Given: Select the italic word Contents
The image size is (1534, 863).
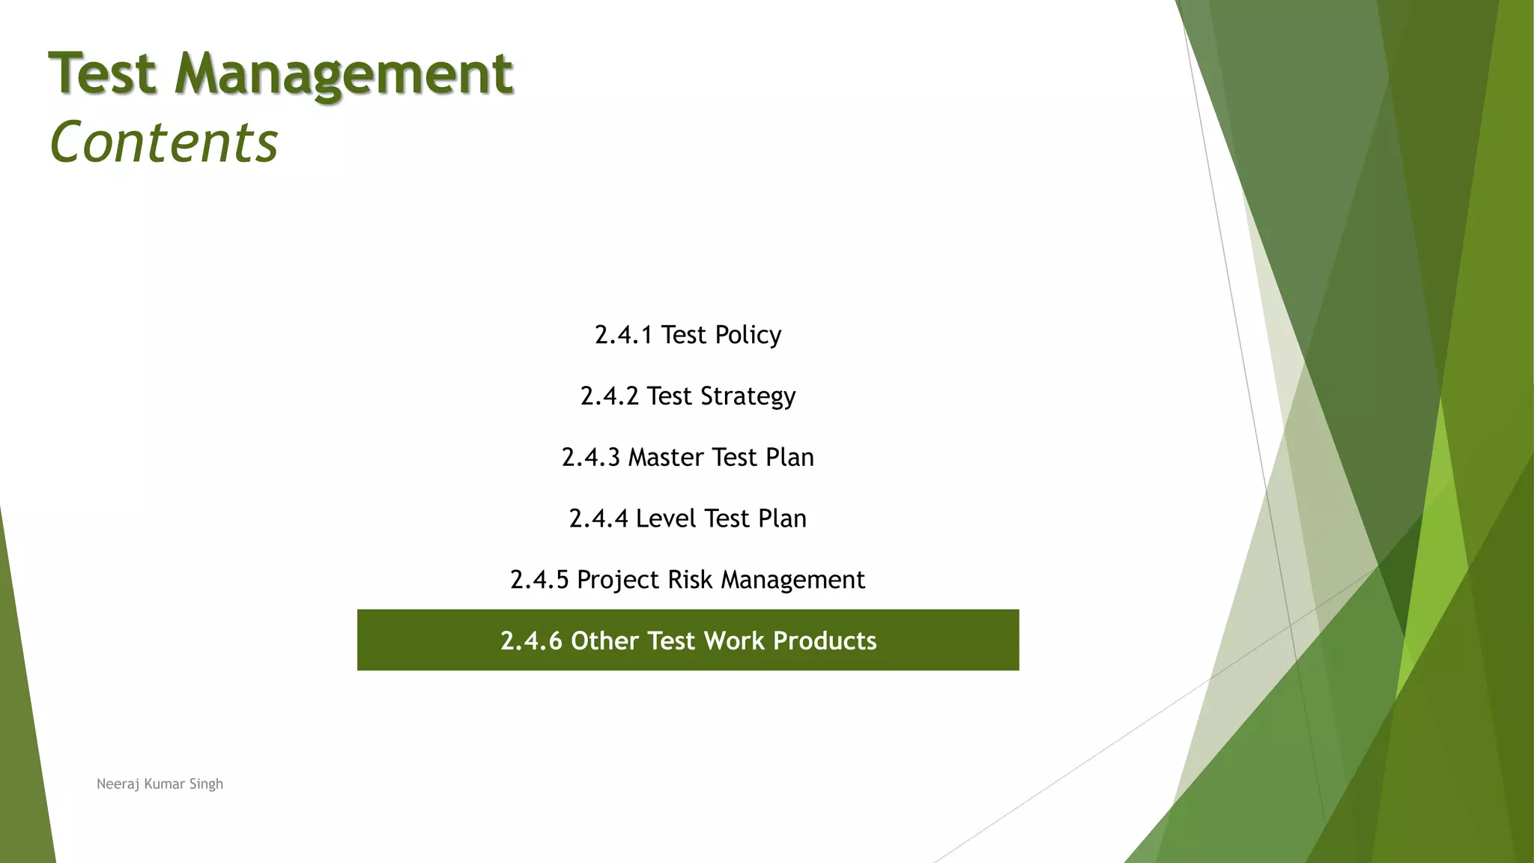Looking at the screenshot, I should click(163, 142).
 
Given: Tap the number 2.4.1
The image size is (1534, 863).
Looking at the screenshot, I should click(623, 335).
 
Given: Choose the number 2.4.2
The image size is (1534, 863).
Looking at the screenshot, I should click(609, 396).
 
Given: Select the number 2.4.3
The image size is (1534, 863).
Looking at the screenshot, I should click(590, 457).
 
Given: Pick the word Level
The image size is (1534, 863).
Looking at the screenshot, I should click(666, 518).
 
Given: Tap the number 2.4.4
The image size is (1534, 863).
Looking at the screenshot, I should click(598, 518).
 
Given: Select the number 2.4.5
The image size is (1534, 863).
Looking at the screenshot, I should click(539, 580).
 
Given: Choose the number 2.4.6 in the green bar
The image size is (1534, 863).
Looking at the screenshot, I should click(531, 641).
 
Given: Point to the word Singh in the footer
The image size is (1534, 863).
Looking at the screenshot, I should click(206, 784).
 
